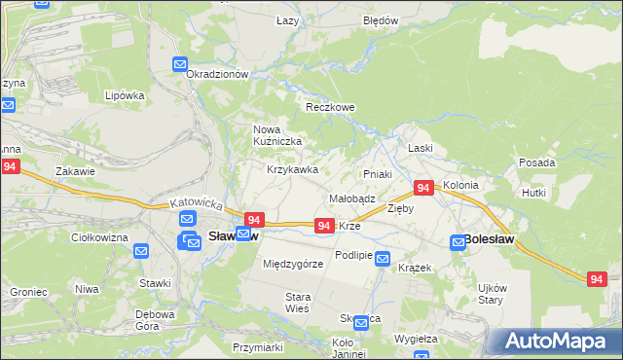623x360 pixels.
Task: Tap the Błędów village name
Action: coord(381,20)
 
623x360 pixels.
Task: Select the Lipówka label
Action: coord(125,95)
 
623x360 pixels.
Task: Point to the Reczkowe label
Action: coord(330,107)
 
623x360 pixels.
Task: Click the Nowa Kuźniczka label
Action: coord(278,135)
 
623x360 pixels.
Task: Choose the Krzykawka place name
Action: coord(293,169)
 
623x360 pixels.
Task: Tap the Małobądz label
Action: coord(352,198)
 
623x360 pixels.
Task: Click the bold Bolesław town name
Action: coord(490,238)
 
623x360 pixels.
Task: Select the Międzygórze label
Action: coord(293,264)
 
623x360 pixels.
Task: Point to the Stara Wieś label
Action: coord(297,302)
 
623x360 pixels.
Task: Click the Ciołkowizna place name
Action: coord(100,237)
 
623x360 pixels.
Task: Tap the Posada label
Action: coord(537,162)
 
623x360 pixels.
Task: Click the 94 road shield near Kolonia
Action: coord(423,187)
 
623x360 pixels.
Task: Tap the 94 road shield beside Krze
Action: coord(325,225)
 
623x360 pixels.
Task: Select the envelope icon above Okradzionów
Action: coord(181,64)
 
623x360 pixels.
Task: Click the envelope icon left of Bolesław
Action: coord(457,241)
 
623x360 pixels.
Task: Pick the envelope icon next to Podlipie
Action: coord(384,259)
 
